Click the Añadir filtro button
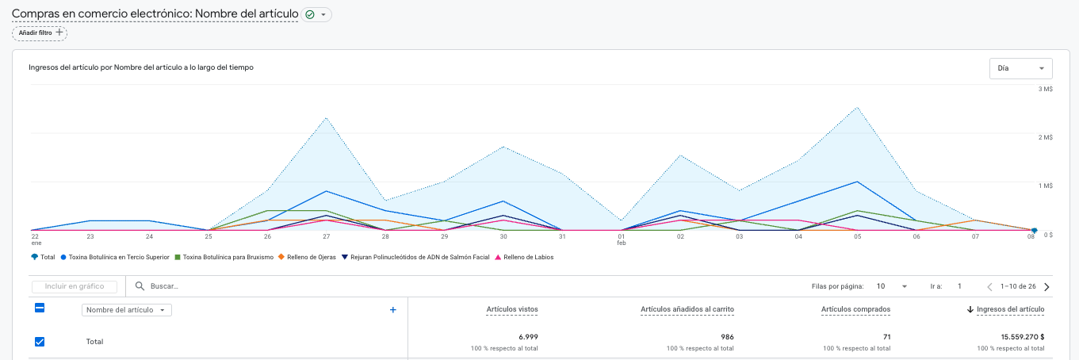[40, 33]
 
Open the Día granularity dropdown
[1020, 68]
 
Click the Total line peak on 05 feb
[858, 108]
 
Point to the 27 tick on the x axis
[326, 236]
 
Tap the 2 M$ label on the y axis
[1045, 137]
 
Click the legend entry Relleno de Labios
[524, 258]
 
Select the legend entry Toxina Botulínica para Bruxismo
[224, 258]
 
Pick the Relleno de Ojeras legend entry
[307, 258]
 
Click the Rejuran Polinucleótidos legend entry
[415, 258]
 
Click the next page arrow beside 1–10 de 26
[1046, 287]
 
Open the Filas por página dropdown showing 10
[892, 286]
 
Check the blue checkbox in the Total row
[40, 342]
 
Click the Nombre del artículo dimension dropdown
[127, 310]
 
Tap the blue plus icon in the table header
[393, 310]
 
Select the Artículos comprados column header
[855, 309]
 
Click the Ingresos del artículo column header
[1011, 309]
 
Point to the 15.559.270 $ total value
[1022, 337]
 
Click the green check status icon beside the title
[310, 14]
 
